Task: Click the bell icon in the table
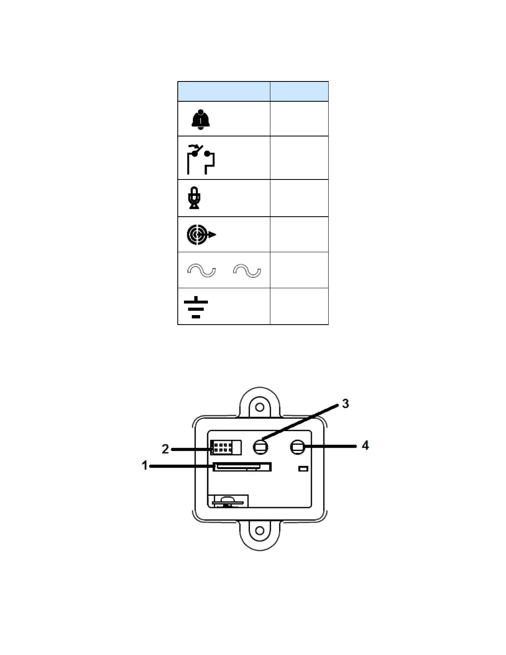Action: point(200,120)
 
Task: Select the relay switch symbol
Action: point(201,159)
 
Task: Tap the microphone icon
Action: point(194,198)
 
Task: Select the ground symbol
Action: point(196,307)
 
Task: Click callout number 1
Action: point(145,466)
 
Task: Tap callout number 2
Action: point(165,449)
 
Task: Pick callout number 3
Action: point(345,403)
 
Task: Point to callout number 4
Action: point(365,445)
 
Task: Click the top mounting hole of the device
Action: point(260,407)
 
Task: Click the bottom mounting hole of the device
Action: point(259,530)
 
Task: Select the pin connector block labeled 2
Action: point(226,447)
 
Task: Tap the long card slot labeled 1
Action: point(242,466)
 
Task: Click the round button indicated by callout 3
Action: point(260,447)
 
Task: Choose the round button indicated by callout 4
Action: point(297,447)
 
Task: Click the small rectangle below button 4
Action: point(303,469)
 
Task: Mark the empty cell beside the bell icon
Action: point(299,119)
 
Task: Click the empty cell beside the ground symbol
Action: point(299,306)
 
